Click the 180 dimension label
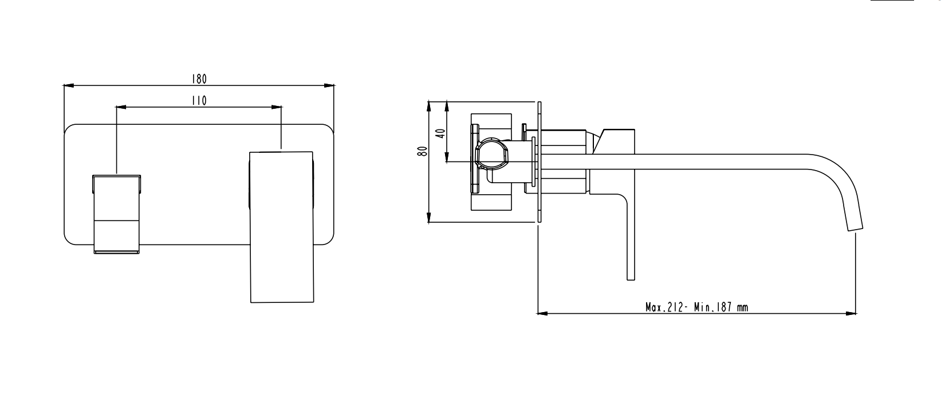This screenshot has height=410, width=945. point(199,79)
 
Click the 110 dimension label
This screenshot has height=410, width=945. point(199,101)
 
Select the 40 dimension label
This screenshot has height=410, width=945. point(440,133)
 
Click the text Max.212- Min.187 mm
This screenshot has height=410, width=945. point(696,307)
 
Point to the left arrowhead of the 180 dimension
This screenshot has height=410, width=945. point(68,86)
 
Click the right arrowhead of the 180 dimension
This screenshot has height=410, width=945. point(329,86)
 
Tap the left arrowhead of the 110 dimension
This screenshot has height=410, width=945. point(121,107)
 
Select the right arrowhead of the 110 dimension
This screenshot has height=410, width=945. point(276,107)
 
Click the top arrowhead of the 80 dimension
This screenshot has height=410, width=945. point(428,107)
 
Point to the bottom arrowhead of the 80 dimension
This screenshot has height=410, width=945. point(428,217)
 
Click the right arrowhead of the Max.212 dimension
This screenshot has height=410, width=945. point(851,313)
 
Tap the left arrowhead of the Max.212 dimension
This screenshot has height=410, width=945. point(542,313)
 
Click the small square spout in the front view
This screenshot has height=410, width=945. point(116,214)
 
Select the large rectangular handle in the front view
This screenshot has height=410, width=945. point(282,227)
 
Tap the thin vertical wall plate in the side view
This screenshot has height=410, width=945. point(539,162)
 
